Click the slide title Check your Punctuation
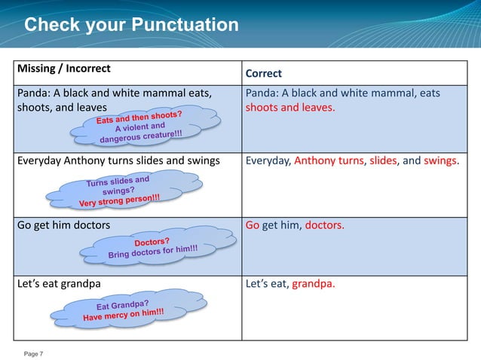coord(131,25)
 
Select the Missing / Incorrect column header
coord(63,68)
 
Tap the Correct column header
coord(263,73)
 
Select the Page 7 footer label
coord(34,353)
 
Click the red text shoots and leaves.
coord(290,107)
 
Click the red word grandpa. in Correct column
coord(314,284)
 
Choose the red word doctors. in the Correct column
coord(324,225)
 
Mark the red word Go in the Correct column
coord(253,225)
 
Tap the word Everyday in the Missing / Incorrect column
coord(39,160)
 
